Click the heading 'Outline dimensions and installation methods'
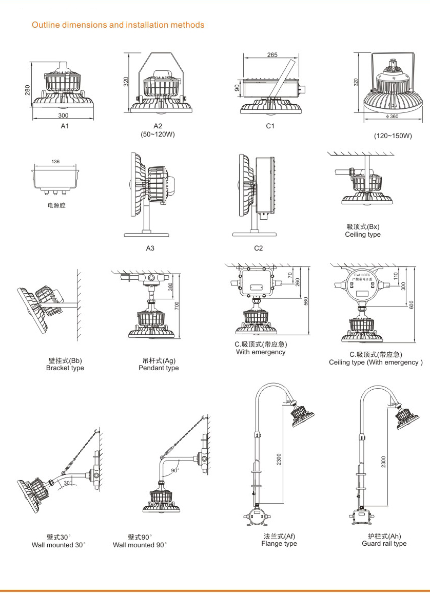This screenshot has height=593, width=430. (x=118, y=25)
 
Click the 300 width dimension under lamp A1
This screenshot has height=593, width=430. (x=63, y=116)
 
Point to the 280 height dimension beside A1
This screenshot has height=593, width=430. (x=28, y=89)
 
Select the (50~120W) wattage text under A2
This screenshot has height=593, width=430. (x=158, y=135)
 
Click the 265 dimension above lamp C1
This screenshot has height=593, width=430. (x=272, y=55)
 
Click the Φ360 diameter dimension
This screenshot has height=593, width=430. (x=392, y=116)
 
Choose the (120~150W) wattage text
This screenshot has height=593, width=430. (x=393, y=136)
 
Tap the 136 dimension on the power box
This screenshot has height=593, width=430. (x=55, y=162)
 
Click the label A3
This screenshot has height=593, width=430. (x=150, y=248)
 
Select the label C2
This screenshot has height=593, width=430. (x=259, y=248)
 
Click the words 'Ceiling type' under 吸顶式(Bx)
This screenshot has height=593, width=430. (x=363, y=235)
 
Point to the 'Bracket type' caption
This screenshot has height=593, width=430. (x=65, y=368)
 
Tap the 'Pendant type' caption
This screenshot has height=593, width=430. (x=159, y=368)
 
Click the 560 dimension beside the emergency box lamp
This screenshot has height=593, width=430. (x=306, y=301)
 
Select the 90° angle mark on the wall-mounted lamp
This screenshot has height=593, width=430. (x=174, y=470)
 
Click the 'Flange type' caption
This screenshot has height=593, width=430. (x=279, y=544)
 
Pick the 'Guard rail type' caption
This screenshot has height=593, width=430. (x=384, y=544)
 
